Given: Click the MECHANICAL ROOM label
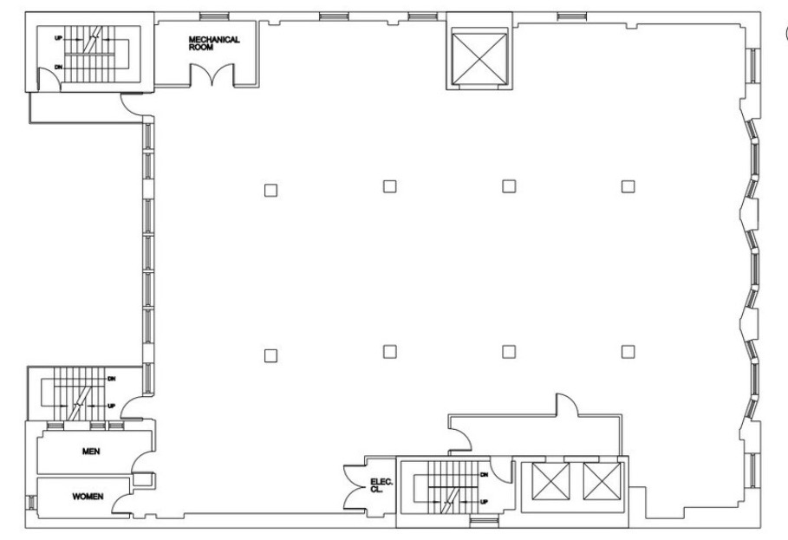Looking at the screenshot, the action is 214,43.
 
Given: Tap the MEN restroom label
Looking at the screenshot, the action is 91,452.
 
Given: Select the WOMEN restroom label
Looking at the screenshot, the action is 88,497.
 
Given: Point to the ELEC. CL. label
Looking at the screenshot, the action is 381,485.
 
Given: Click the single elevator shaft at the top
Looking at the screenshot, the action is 479,59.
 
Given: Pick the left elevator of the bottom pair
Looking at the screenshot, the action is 550,481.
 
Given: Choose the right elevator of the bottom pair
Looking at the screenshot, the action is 602,481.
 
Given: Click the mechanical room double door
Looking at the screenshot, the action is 212,75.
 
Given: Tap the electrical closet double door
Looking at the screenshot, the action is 354,486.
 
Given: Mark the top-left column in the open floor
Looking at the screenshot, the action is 270,191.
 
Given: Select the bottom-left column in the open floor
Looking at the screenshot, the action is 270,355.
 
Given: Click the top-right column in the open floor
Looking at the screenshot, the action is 628,186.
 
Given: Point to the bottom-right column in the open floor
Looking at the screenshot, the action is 628,352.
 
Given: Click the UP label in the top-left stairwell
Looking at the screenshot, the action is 59,38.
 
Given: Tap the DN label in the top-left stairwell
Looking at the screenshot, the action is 59,68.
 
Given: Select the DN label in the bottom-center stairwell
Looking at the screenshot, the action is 484,474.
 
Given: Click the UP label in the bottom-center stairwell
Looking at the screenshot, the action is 484,501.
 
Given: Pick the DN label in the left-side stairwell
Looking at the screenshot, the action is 112,379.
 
